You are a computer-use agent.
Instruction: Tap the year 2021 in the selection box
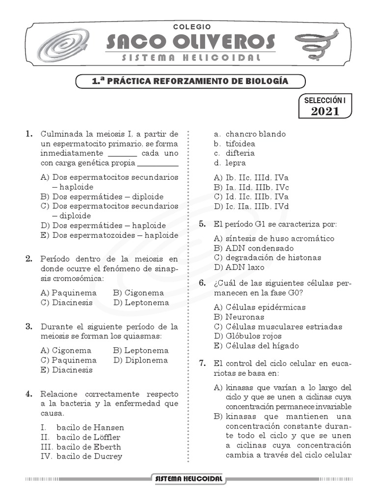click(325, 112)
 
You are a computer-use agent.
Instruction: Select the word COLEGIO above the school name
click(192, 27)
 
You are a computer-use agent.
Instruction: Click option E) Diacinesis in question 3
click(67, 370)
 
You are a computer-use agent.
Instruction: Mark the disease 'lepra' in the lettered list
click(236, 163)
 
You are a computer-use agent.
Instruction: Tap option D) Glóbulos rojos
click(248, 336)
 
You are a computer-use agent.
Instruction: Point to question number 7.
click(202, 363)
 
